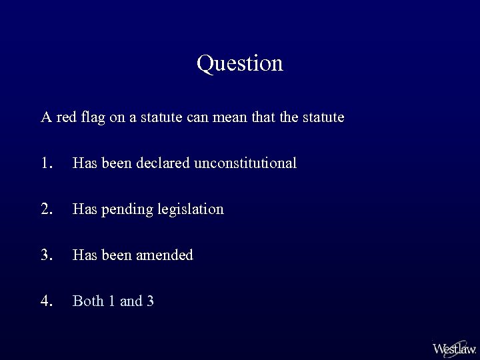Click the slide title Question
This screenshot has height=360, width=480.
point(240,63)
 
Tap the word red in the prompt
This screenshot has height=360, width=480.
point(67,118)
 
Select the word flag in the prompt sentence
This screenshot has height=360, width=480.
point(95,118)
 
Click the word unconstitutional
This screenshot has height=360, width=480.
point(245,163)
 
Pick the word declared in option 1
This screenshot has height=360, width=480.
point(163,163)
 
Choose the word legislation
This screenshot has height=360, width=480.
point(191,209)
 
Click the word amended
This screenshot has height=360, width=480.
point(167,255)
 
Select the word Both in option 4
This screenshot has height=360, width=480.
point(88,301)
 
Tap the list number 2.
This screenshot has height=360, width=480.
point(46,209)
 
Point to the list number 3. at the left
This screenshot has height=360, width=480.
point(46,255)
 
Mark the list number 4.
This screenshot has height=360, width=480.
point(46,301)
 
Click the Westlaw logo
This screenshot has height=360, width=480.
point(454,348)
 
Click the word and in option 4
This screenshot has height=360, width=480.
point(131,301)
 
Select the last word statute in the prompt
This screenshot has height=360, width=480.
point(323,118)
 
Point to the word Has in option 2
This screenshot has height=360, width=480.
point(84,209)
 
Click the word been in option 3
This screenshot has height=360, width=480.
point(117,255)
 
